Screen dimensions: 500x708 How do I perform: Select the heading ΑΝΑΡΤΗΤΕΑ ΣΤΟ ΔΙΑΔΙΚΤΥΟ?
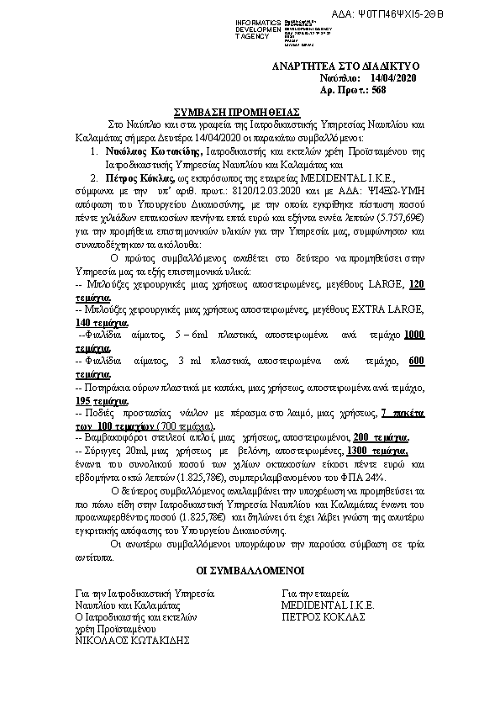346,66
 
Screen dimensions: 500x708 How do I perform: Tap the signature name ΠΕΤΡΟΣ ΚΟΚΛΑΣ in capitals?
324,616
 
